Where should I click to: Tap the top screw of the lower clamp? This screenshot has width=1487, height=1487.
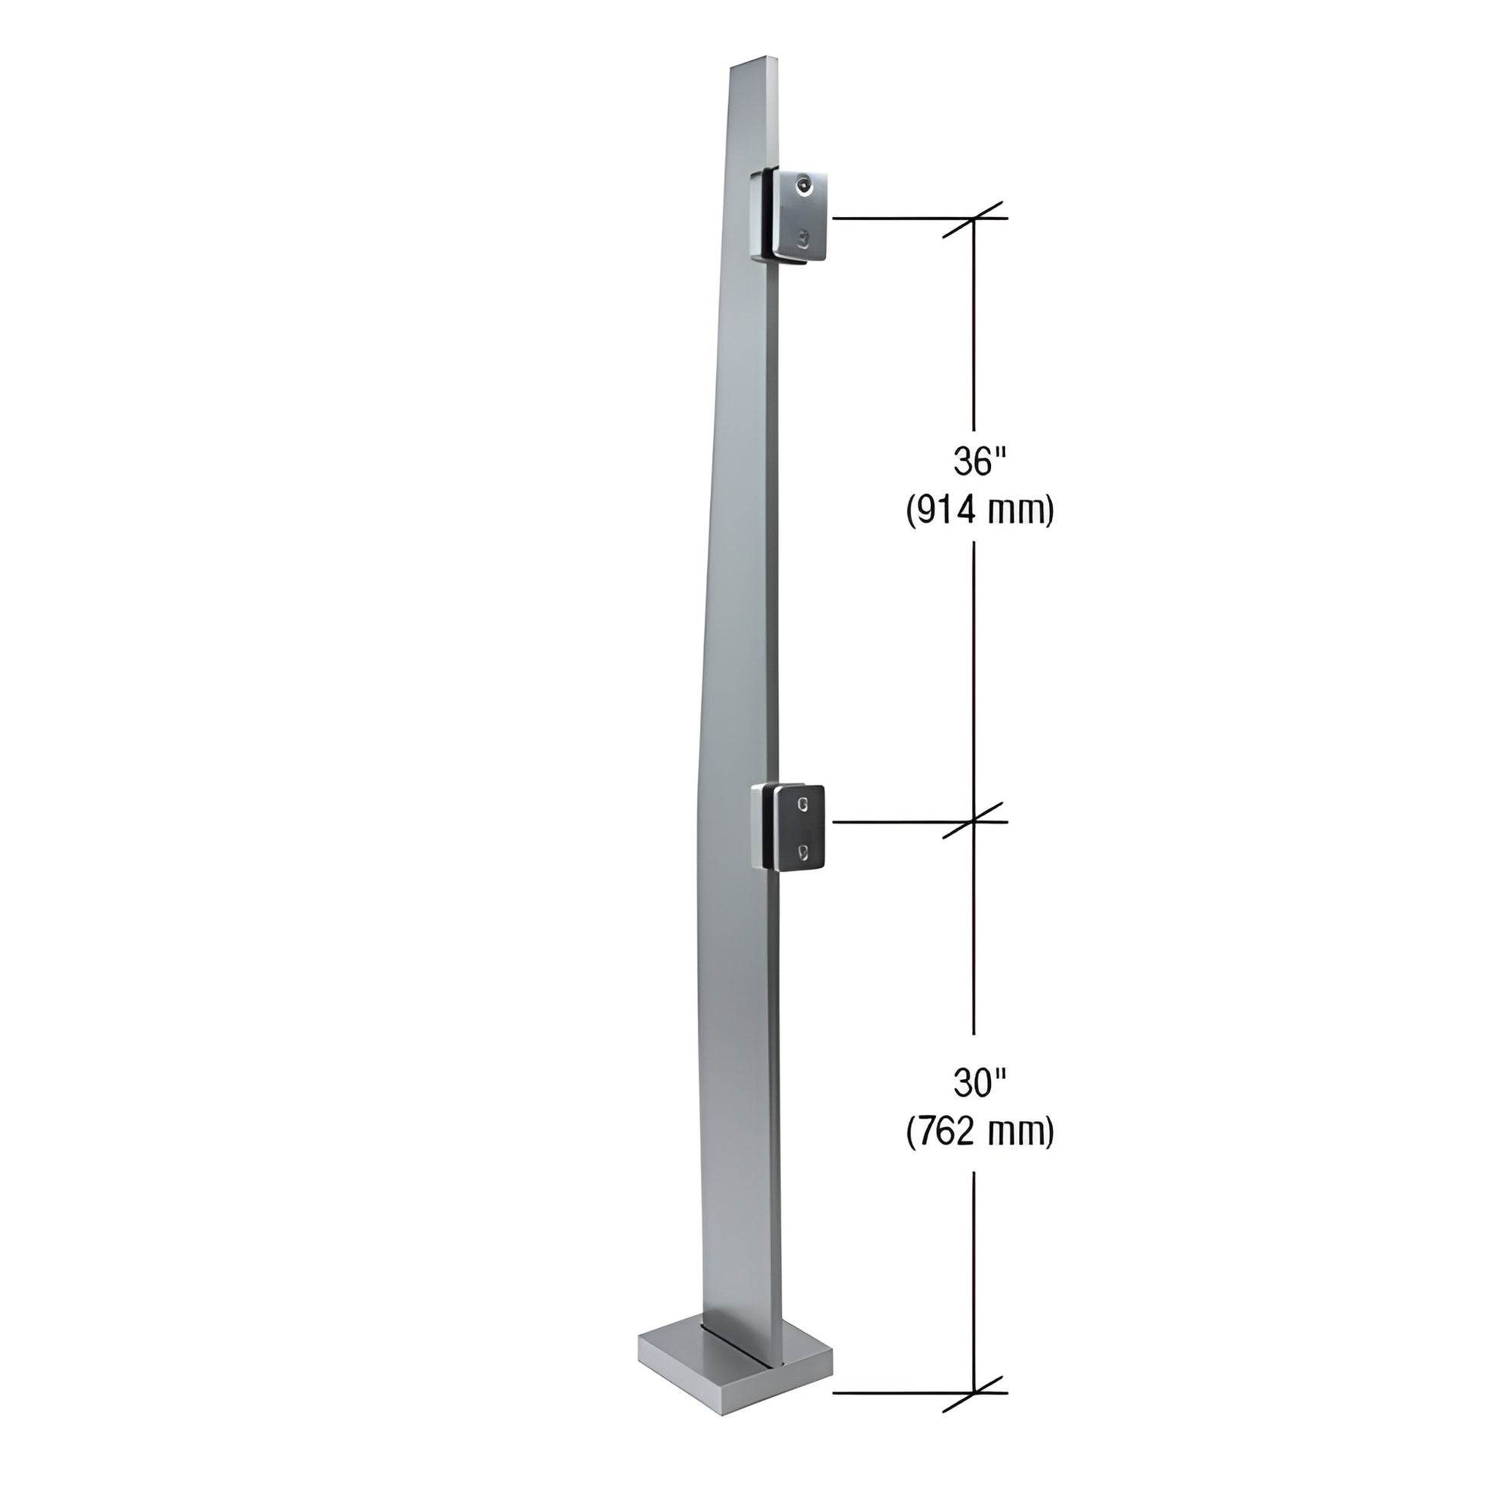[x=804, y=805]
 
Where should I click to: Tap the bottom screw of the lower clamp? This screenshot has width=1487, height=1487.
[x=804, y=850]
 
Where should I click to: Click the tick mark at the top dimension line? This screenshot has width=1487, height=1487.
[x=974, y=219]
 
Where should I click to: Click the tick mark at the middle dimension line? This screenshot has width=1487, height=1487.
[x=974, y=821]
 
